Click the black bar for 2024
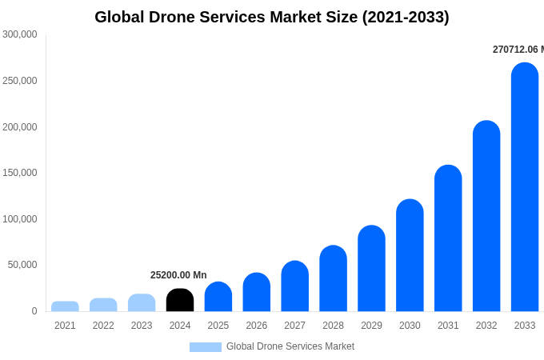click(x=180, y=300)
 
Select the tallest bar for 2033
click(x=525, y=187)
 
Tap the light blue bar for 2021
click(x=65, y=306)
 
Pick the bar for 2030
click(x=410, y=255)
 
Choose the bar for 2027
click(x=295, y=286)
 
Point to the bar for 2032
click(x=486, y=216)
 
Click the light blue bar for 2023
click(x=142, y=302)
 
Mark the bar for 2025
click(x=218, y=297)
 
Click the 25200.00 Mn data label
click(x=178, y=275)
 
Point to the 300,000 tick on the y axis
click(x=20, y=34)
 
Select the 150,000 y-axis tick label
click(x=20, y=173)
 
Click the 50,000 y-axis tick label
click(x=22, y=265)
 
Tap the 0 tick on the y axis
click(x=34, y=311)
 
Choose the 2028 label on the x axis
click(x=333, y=326)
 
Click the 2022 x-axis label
click(x=103, y=326)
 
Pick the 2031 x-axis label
click(x=448, y=326)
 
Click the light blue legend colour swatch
click(x=205, y=347)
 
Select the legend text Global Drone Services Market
click(x=290, y=346)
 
